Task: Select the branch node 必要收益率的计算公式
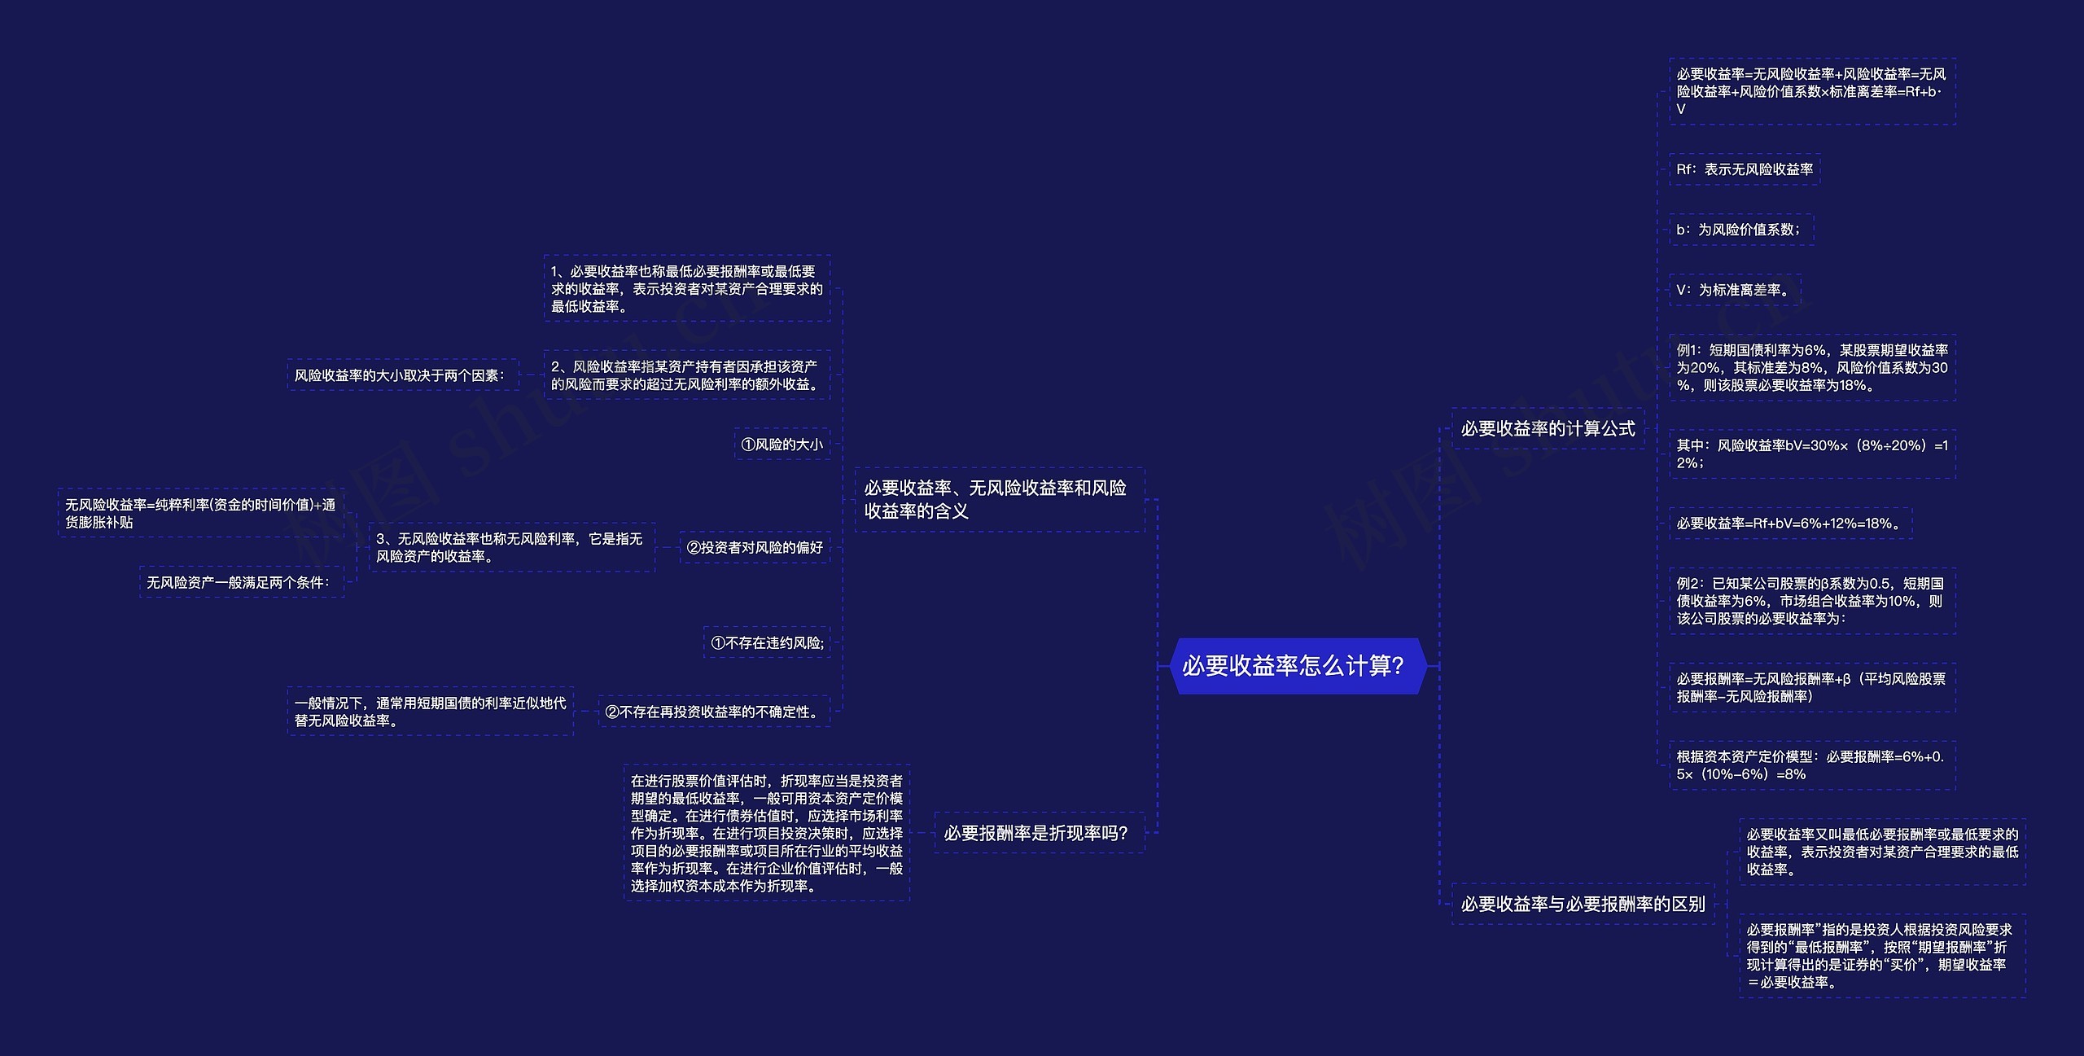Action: [1548, 428]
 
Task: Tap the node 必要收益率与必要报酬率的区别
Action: [1583, 904]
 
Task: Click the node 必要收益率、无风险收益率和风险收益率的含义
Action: [999, 499]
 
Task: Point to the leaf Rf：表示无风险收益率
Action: [1744, 169]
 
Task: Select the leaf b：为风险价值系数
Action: [1740, 230]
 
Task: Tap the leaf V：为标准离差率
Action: [1734, 290]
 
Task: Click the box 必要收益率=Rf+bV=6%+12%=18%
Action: [1789, 524]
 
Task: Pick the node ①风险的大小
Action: [781, 445]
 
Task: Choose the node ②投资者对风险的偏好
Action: [755, 548]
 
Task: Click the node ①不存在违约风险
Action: [767, 642]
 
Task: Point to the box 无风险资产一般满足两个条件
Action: [241, 582]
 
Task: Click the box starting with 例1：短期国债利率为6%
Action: [1811, 368]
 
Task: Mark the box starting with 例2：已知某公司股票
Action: [1811, 601]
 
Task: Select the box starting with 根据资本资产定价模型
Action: [1811, 765]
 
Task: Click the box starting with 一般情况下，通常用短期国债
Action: [430, 712]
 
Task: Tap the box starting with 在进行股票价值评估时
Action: [766, 833]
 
